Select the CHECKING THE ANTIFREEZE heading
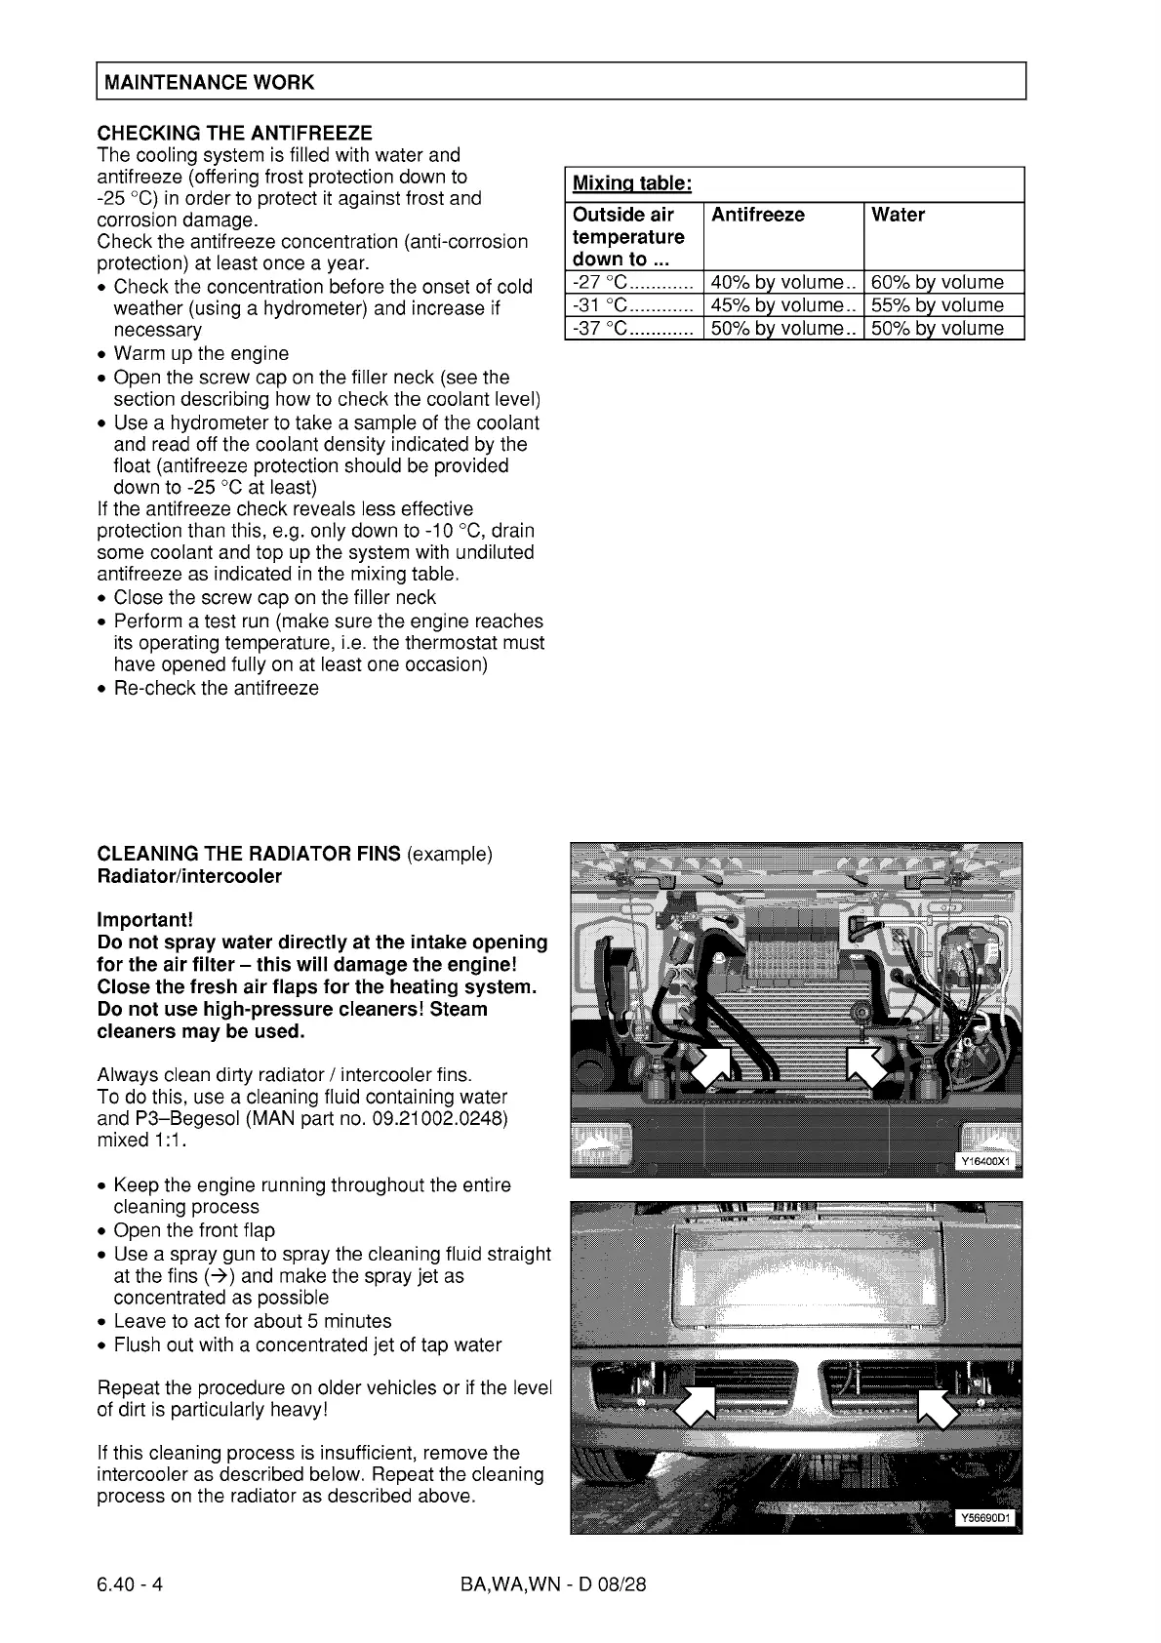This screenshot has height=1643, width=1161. click(234, 132)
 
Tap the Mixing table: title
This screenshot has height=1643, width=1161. click(631, 183)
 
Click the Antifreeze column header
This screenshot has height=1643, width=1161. click(758, 215)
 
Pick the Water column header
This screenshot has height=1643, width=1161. click(898, 215)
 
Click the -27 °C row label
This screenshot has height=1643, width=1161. click(602, 283)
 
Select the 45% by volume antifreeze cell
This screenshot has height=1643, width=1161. click(777, 305)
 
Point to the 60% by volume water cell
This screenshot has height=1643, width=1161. click(937, 283)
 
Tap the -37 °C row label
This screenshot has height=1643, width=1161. click(602, 329)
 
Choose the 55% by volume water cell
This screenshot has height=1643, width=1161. click(937, 305)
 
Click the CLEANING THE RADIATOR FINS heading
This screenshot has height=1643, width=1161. click(249, 854)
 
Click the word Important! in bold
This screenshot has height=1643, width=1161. click(144, 920)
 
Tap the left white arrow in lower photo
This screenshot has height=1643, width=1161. click(696, 1405)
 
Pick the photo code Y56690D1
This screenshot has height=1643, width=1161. click(986, 1517)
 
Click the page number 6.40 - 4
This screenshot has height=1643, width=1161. click(130, 1584)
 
